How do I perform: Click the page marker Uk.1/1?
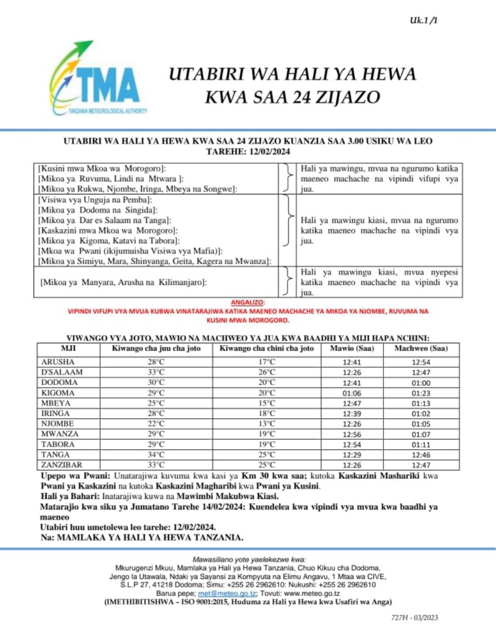[x=425, y=21]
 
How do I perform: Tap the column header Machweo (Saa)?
[x=420, y=349]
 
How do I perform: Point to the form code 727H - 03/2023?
[x=414, y=617]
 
